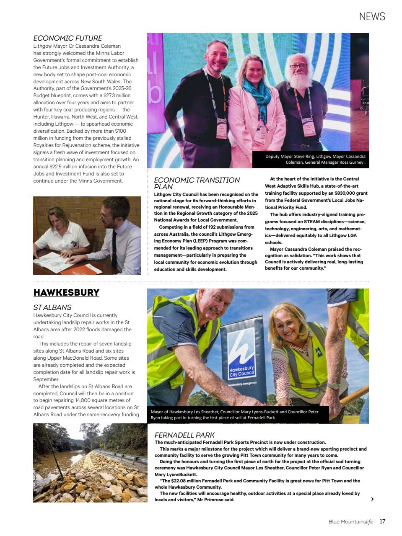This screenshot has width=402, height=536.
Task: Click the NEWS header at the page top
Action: [x=372, y=16]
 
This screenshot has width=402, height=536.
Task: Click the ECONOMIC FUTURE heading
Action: [x=67, y=38]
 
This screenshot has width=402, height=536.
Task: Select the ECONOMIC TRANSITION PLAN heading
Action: [x=197, y=183]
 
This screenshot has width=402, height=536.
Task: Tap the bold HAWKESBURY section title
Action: [x=66, y=292]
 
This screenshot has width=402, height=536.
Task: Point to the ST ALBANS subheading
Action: [x=52, y=307]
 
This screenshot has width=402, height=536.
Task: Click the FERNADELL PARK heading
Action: [x=184, y=435]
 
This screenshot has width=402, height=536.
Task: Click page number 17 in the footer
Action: [x=382, y=521]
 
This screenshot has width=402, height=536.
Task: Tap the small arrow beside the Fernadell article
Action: [x=372, y=499]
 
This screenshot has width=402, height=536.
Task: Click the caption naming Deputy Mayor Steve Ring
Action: [x=315, y=160]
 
